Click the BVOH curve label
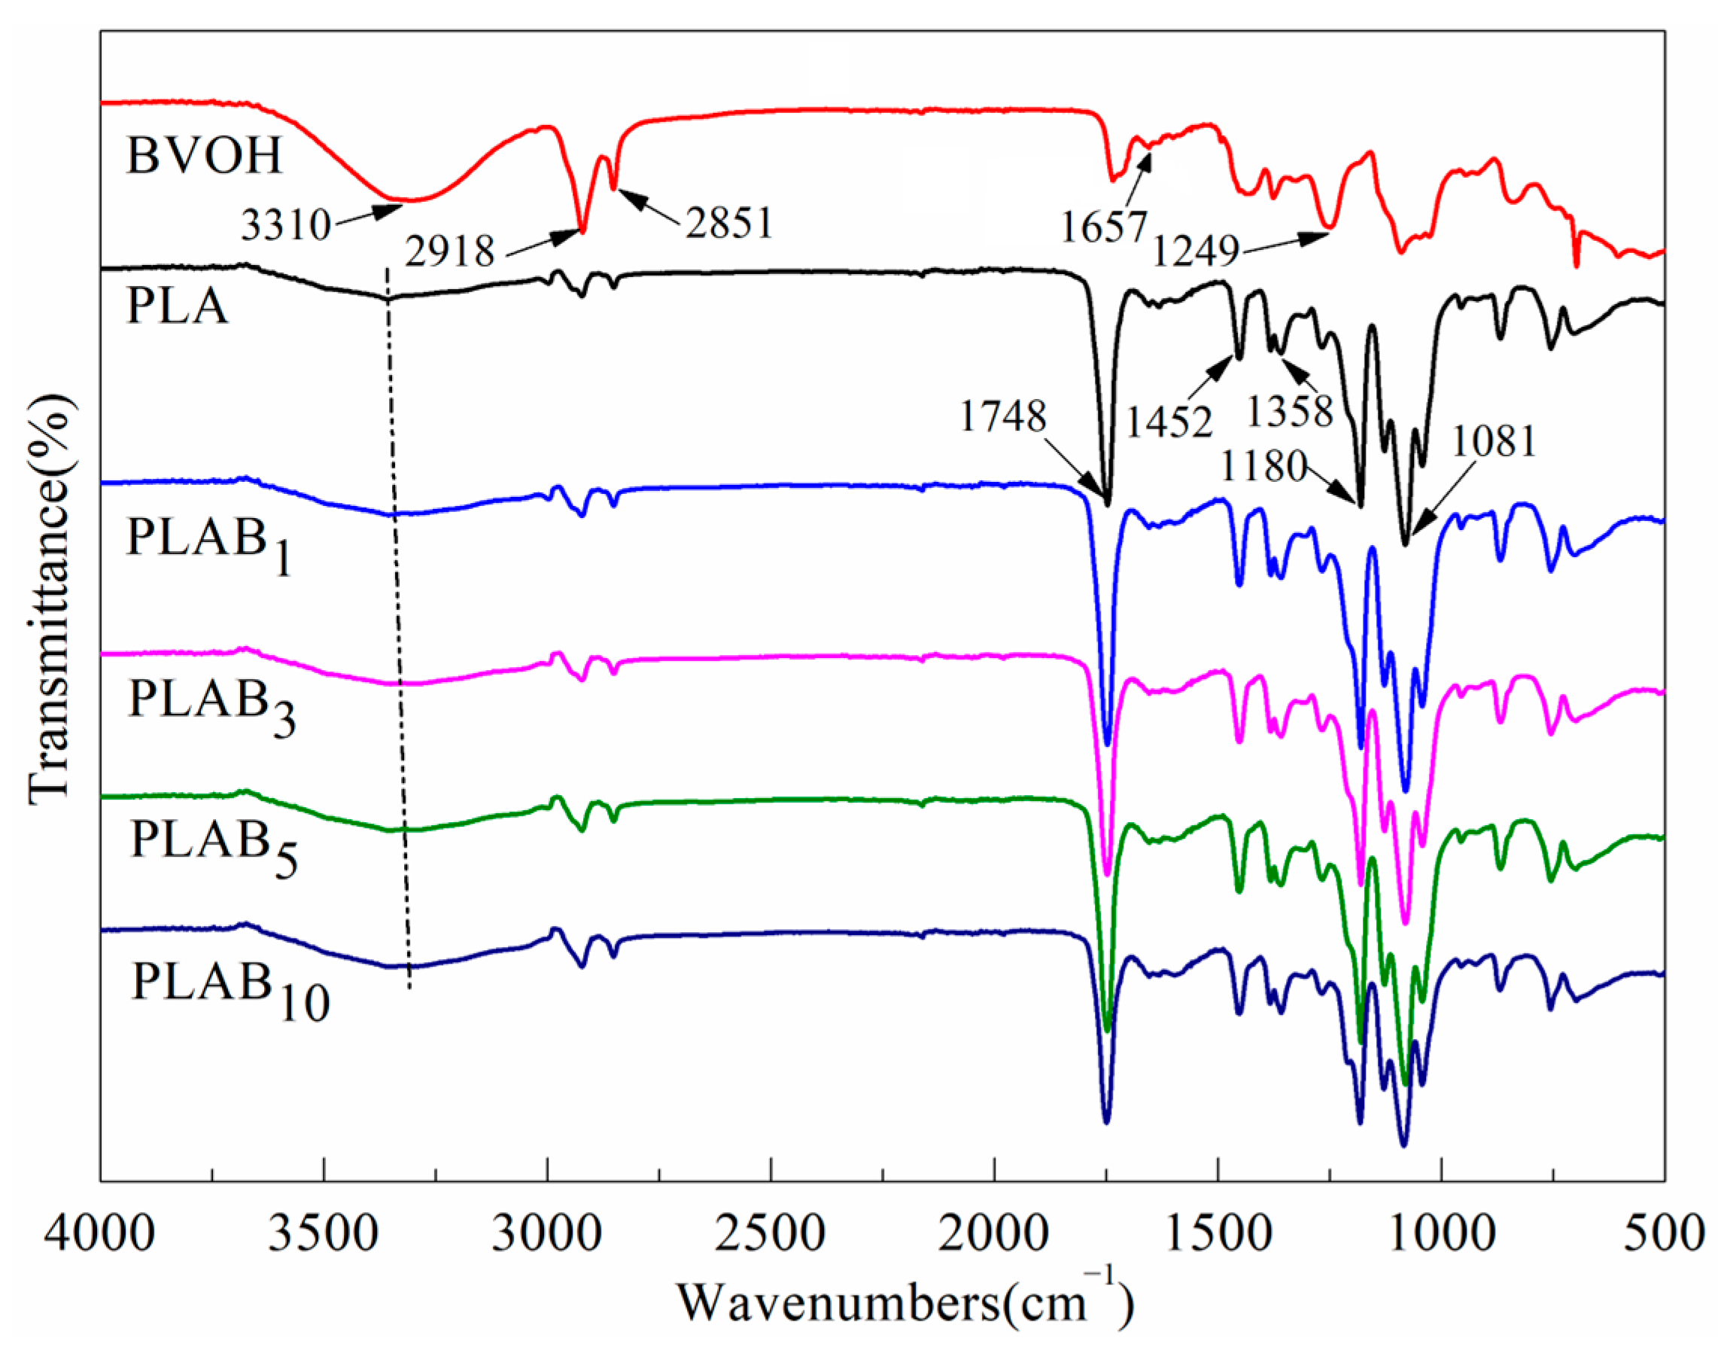[203, 154]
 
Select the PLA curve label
[178, 306]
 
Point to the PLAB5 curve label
[214, 846]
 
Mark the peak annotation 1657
[1104, 228]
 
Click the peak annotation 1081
[1494, 442]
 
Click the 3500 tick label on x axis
[324, 1235]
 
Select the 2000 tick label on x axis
[995, 1235]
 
